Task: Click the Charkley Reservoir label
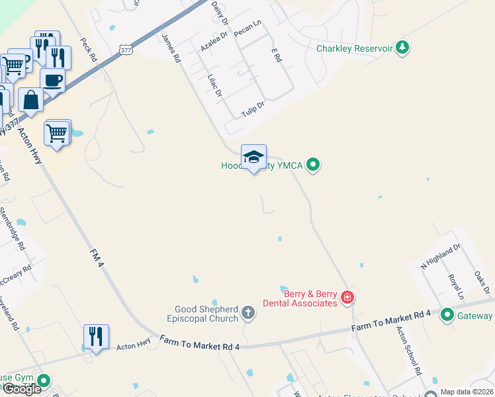coord(354,48)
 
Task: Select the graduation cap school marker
coord(253,157)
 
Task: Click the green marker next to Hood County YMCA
coord(314,165)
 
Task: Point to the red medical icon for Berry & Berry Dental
coord(347,298)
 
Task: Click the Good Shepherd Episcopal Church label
coord(206,314)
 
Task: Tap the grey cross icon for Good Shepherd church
coord(248,313)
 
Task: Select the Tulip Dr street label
coord(253,109)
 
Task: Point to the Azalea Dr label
coord(214,40)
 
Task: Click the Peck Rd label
coord(87,50)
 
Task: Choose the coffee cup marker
coord(52,80)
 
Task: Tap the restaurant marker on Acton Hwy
coord(96,337)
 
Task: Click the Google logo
coord(21,389)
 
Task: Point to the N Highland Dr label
coord(440,257)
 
